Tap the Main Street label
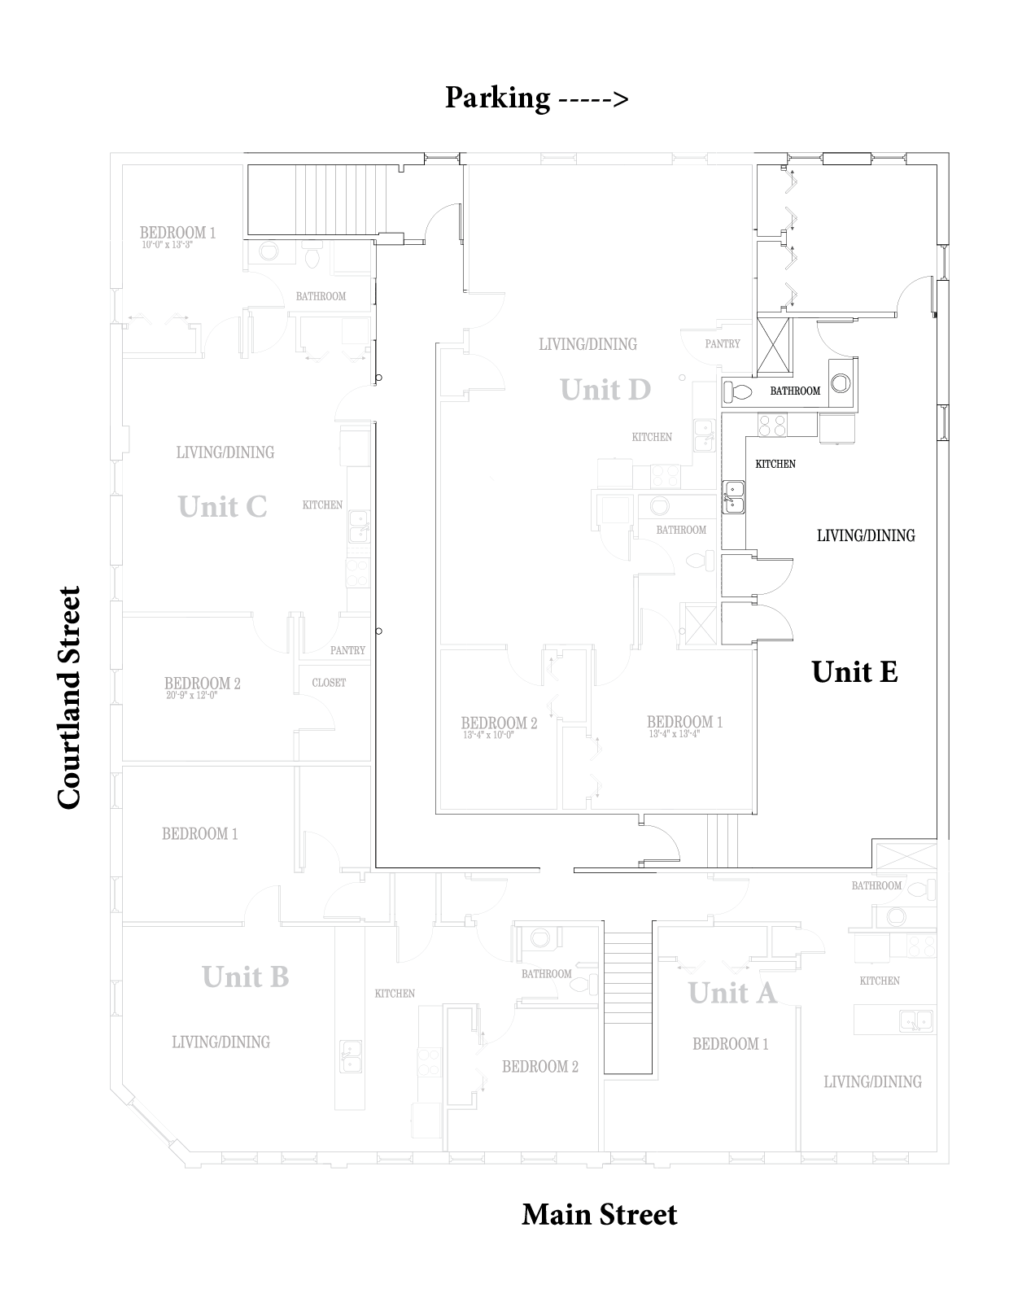click(x=599, y=1214)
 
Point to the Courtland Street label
click(x=70, y=697)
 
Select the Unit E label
click(x=854, y=672)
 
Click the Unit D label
click(x=605, y=391)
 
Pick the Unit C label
click(x=222, y=507)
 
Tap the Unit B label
click(x=245, y=976)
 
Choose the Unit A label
click(x=732, y=993)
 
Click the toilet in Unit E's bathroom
click(x=738, y=391)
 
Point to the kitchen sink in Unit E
click(x=734, y=496)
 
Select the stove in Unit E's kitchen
click(x=771, y=424)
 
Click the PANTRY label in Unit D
click(x=723, y=344)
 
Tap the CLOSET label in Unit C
click(x=329, y=683)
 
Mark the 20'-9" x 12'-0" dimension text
click(x=193, y=696)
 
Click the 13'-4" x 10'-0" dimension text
click(x=489, y=735)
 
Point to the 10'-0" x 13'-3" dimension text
click(x=168, y=244)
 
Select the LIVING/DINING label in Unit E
click(x=866, y=535)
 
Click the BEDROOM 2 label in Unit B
click(x=540, y=1067)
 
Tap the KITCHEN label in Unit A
click(x=880, y=981)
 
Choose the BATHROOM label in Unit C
click(x=321, y=297)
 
